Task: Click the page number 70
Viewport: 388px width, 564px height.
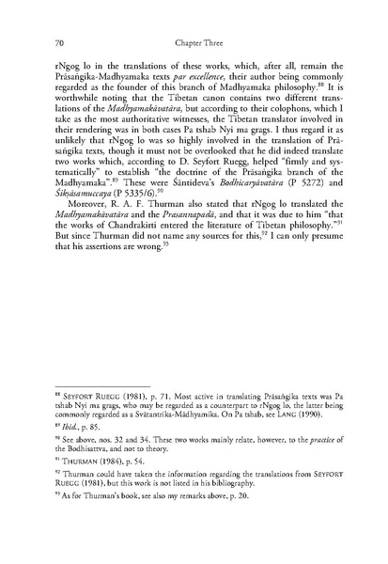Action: click(61, 42)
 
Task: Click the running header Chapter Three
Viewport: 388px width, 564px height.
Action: click(194, 42)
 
